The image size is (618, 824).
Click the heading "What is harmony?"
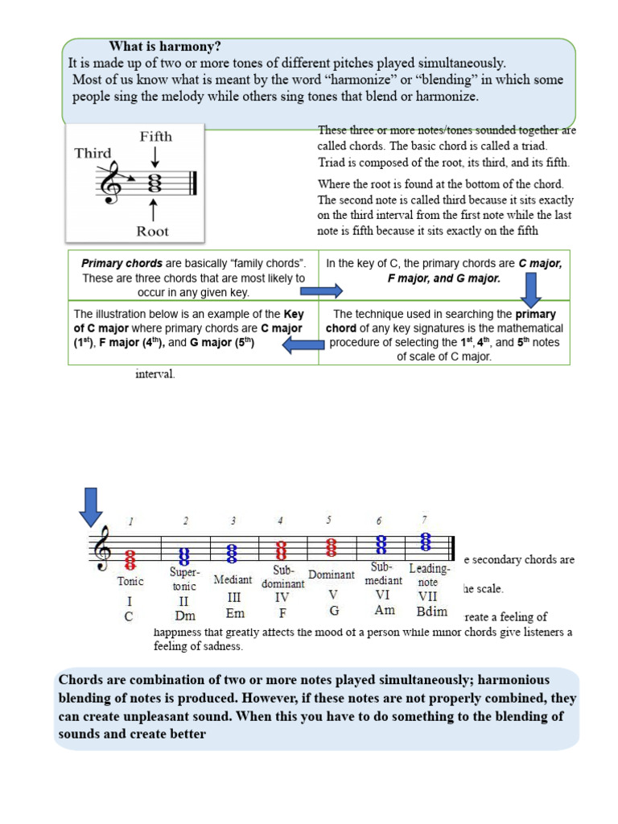click(x=165, y=46)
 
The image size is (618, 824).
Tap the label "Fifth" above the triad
click(x=155, y=136)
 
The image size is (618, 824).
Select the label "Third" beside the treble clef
click(x=93, y=153)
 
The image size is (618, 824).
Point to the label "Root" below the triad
click(x=153, y=231)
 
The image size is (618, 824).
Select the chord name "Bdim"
click(x=432, y=612)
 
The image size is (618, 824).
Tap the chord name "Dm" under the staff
click(x=186, y=616)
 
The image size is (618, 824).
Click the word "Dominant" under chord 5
click(x=332, y=575)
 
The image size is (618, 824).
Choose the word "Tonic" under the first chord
click(x=130, y=580)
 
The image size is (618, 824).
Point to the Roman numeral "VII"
click(x=427, y=596)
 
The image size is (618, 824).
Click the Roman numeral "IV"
click(x=282, y=598)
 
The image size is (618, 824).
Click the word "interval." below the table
click(x=154, y=374)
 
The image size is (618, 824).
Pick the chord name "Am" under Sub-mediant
click(x=385, y=610)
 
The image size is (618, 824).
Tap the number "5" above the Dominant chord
click(x=328, y=520)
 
